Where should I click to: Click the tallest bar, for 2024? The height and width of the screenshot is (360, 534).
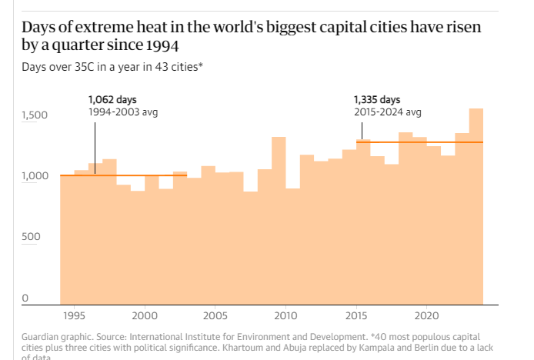[476, 208]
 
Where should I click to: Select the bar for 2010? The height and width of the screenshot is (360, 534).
[279, 223]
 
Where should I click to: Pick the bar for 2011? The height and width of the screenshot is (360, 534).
[292, 246]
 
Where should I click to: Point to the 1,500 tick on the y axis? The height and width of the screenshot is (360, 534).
[35, 115]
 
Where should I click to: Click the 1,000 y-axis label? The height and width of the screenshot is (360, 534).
[35, 176]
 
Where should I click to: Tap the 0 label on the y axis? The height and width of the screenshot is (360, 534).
[25, 298]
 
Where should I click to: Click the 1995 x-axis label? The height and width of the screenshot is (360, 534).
[75, 316]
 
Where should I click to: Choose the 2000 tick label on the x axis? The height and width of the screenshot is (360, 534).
[145, 316]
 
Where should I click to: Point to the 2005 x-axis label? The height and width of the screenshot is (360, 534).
[215, 316]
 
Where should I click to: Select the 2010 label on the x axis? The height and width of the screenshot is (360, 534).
[285, 316]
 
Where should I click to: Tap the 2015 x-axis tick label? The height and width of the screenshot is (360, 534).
[356, 316]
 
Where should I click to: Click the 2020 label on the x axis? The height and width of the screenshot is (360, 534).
[426, 316]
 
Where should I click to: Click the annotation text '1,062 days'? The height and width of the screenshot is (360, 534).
[112, 100]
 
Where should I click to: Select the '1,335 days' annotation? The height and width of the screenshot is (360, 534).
[377, 100]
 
